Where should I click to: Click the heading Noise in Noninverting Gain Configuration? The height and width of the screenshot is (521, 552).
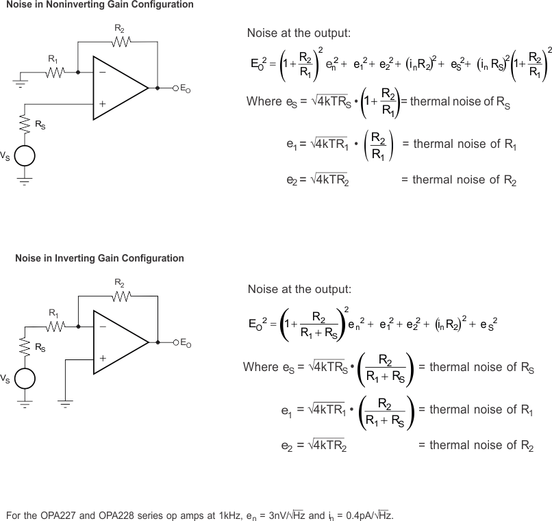pyautogui.click(x=99, y=5)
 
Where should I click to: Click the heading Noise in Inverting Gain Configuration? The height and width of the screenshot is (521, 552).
pyautogui.click(x=99, y=259)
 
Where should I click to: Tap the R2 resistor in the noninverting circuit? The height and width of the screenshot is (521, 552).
pyautogui.click(x=121, y=42)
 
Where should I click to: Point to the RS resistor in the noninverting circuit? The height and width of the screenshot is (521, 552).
pyautogui.click(x=25, y=123)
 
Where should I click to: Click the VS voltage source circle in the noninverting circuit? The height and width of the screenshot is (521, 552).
pyautogui.click(x=25, y=156)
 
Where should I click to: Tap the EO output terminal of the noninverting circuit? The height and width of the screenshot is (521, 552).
pyautogui.click(x=175, y=88)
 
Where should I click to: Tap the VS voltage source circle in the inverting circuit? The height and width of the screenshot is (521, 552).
pyautogui.click(x=25, y=379)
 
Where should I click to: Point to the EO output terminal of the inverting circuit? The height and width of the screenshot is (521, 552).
pyautogui.click(x=175, y=341)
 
